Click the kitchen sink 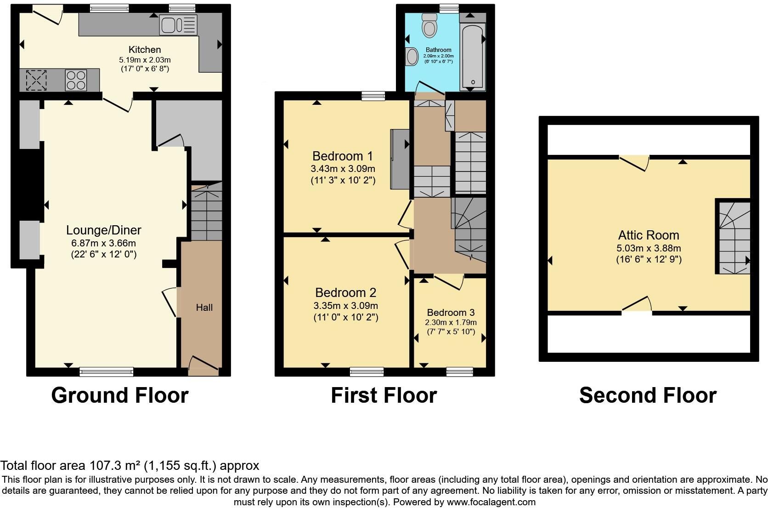click(x=178, y=25)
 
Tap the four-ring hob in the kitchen click(x=76, y=80)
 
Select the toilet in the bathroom click(x=429, y=25)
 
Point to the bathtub click(x=473, y=57)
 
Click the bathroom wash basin click(x=412, y=57)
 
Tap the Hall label click(x=204, y=308)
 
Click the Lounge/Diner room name click(x=103, y=230)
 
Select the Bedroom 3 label click(x=451, y=312)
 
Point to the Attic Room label click(x=648, y=235)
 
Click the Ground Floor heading click(x=120, y=395)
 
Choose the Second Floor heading click(x=648, y=395)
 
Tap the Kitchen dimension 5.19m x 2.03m click(x=145, y=60)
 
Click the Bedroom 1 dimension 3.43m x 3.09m click(x=343, y=169)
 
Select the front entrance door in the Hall click(x=203, y=363)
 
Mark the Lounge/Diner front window click(x=106, y=371)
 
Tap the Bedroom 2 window click(x=367, y=371)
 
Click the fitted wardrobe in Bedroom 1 click(x=400, y=159)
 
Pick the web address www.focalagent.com click(x=491, y=502)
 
